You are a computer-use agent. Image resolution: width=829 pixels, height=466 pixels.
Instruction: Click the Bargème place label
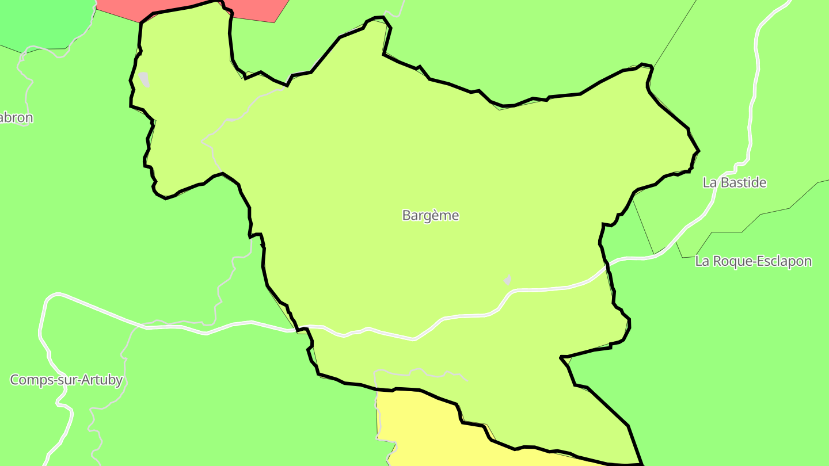431,216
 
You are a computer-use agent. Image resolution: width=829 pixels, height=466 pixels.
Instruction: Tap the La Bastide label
735,183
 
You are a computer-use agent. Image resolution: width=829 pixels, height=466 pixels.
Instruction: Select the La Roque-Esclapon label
754,261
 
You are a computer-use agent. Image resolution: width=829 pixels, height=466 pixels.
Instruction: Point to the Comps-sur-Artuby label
66,380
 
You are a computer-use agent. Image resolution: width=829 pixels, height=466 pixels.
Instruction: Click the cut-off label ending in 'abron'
16,118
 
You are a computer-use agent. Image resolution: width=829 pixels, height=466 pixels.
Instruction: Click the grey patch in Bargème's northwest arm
144,79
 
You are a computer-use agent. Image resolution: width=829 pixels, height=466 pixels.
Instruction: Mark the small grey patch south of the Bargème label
507,280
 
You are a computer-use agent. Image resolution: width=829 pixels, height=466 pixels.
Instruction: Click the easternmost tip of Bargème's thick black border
698,151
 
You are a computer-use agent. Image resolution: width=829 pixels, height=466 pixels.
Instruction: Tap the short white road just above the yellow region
420,372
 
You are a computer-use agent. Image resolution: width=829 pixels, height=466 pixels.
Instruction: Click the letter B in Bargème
406,216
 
